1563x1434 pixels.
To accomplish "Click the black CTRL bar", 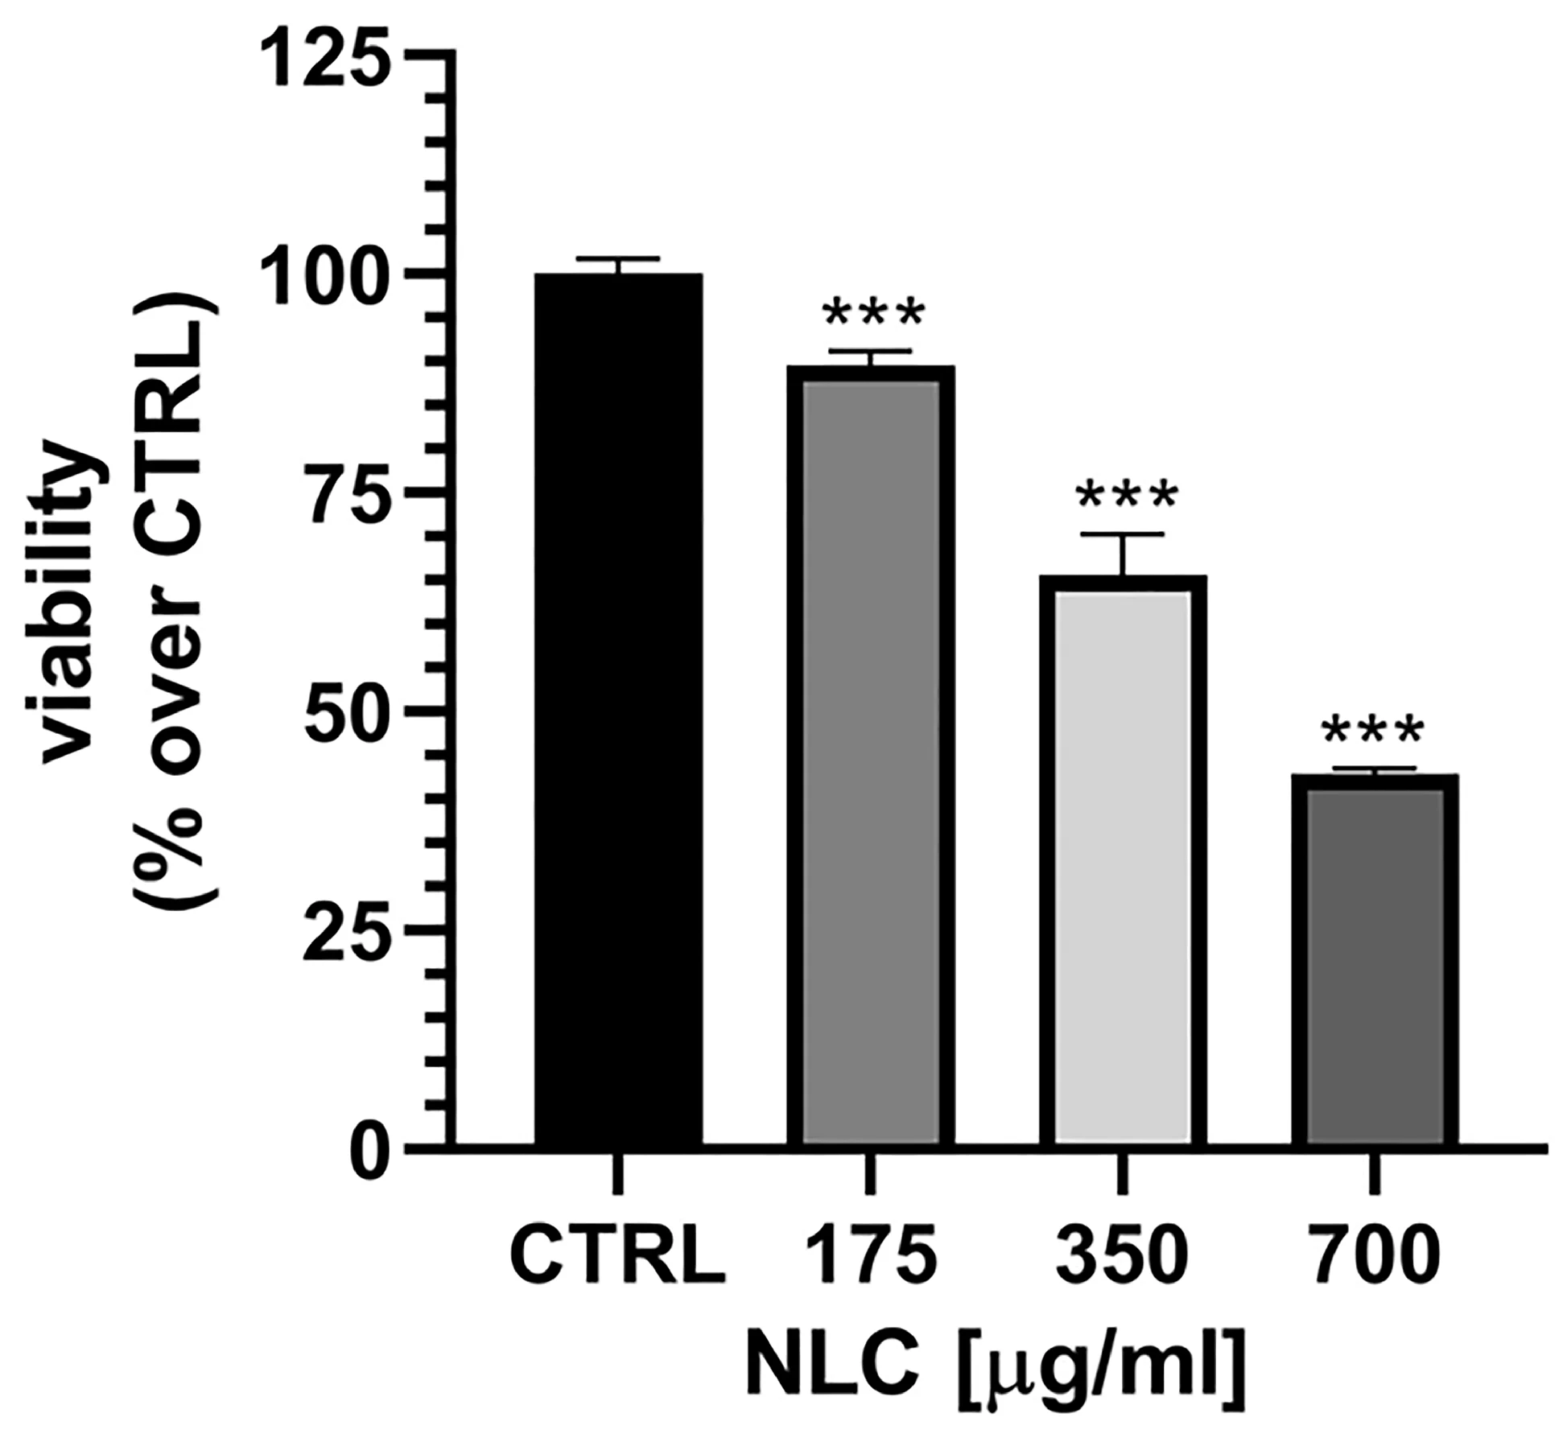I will click(618, 708).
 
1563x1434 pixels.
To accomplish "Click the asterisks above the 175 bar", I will click(872, 315).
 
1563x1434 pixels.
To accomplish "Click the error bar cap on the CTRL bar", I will click(618, 259).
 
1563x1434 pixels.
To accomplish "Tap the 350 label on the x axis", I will click(1122, 1255).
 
